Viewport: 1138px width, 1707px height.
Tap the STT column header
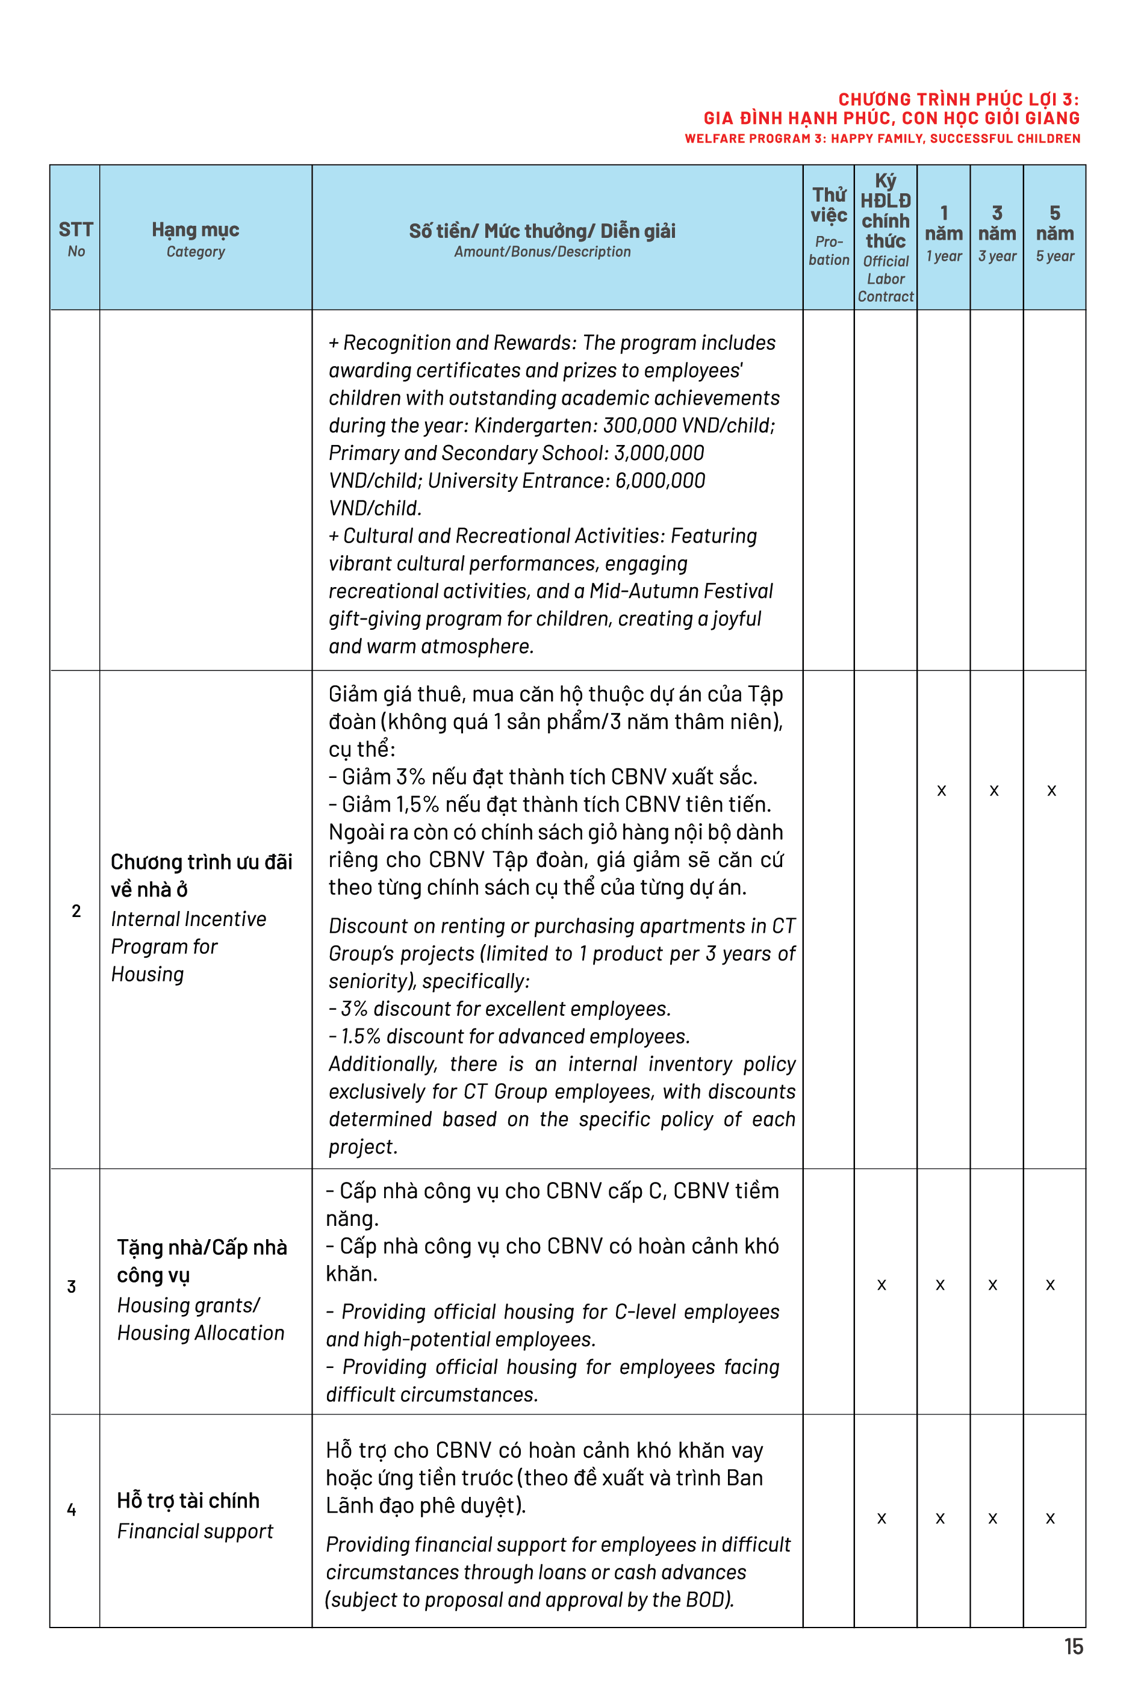tap(75, 238)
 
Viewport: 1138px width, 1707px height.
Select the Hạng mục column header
tap(195, 238)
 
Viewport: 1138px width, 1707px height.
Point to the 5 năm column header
tap(1054, 232)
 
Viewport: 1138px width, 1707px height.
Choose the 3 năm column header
tap(997, 232)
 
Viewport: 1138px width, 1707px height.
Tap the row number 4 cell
tap(72, 1510)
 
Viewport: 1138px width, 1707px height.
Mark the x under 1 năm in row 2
tap(941, 791)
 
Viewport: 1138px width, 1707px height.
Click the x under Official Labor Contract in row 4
tap(881, 1519)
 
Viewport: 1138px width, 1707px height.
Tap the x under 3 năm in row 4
tap(992, 1519)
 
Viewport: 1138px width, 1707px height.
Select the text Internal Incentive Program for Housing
tap(188, 947)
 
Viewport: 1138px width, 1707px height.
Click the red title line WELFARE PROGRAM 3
tap(882, 138)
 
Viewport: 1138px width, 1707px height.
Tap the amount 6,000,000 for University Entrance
tap(660, 480)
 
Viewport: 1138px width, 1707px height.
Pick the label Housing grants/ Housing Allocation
tap(201, 1319)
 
